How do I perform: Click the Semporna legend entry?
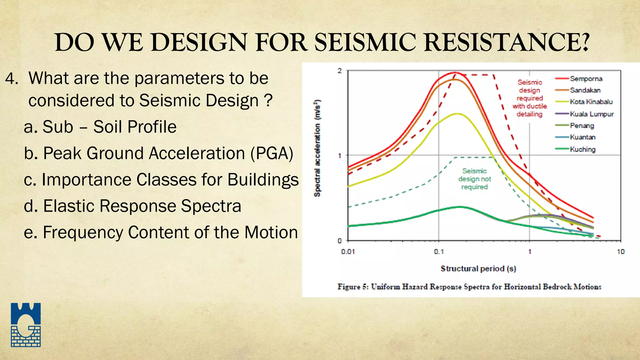click(586, 79)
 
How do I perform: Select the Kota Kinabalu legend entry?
click(591, 102)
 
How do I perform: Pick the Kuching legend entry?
click(582, 149)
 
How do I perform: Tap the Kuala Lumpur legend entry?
click(592, 114)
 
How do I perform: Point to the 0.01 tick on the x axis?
click(348, 252)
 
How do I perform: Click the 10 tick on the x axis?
click(620, 252)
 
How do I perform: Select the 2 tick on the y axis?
click(340, 71)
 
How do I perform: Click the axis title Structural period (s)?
click(478, 269)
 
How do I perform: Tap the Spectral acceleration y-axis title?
click(317, 148)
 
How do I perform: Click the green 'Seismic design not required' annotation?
click(474, 179)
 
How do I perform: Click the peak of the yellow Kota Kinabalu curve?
click(457, 114)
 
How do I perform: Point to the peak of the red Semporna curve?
click(455, 72)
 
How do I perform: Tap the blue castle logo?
click(26, 325)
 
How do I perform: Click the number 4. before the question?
click(12, 78)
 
